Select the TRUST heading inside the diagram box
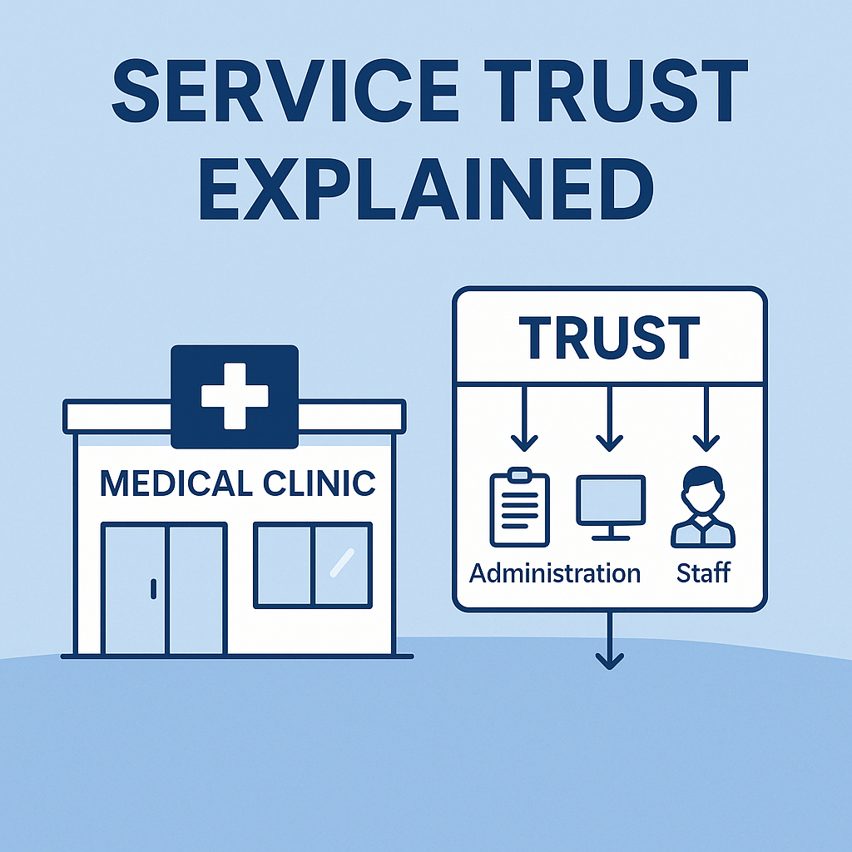pyautogui.click(x=609, y=338)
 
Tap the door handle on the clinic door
pyautogui.click(x=153, y=588)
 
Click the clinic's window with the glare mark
pyautogui.click(x=313, y=565)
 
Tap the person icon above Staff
pyautogui.click(x=703, y=507)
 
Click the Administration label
pyautogui.click(x=555, y=573)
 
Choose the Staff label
pyautogui.click(x=703, y=573)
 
